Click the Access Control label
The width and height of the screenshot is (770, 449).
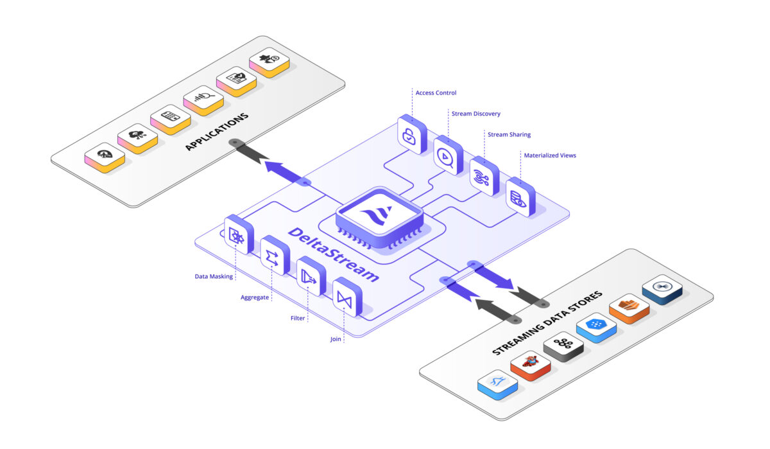pos(436,93)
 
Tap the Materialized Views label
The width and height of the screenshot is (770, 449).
pos(549,155)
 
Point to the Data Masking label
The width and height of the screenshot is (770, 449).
pos(214,277)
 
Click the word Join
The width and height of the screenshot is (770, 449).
pos(336,339)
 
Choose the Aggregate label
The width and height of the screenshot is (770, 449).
pos(254,297)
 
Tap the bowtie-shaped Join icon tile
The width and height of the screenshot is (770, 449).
pos(345,297)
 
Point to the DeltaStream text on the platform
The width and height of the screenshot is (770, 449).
pos(333,254)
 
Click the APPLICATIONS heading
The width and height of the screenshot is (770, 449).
pos(216,132)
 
